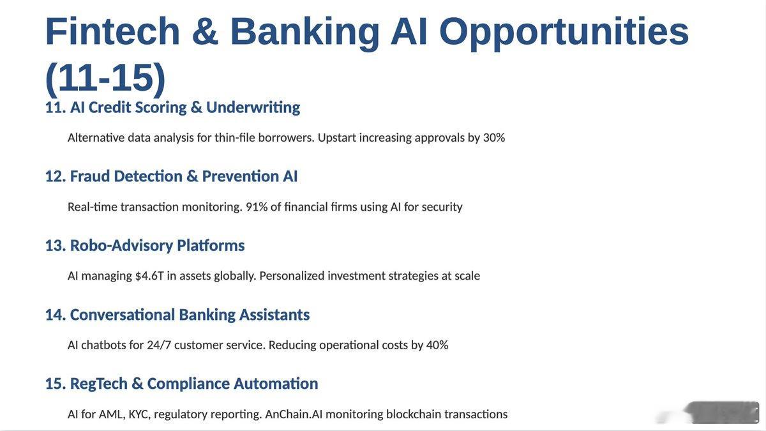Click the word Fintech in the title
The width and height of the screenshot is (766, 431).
tap(112, 31)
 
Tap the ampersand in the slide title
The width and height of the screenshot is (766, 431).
tap(205, 31)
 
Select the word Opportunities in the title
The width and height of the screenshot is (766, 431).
tap(564, 33)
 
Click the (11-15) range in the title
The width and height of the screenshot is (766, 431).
tap(105, 79)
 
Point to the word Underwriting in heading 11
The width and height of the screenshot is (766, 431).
tap(253, 107)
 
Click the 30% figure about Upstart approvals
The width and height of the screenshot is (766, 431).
tap(494, 137)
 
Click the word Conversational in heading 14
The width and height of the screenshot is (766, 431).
tap(123, 315)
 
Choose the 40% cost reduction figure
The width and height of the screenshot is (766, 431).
tap(437, 345)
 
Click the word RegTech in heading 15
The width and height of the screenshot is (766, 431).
tap(99, 384)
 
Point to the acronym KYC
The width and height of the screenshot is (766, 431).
tap(139, 414)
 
